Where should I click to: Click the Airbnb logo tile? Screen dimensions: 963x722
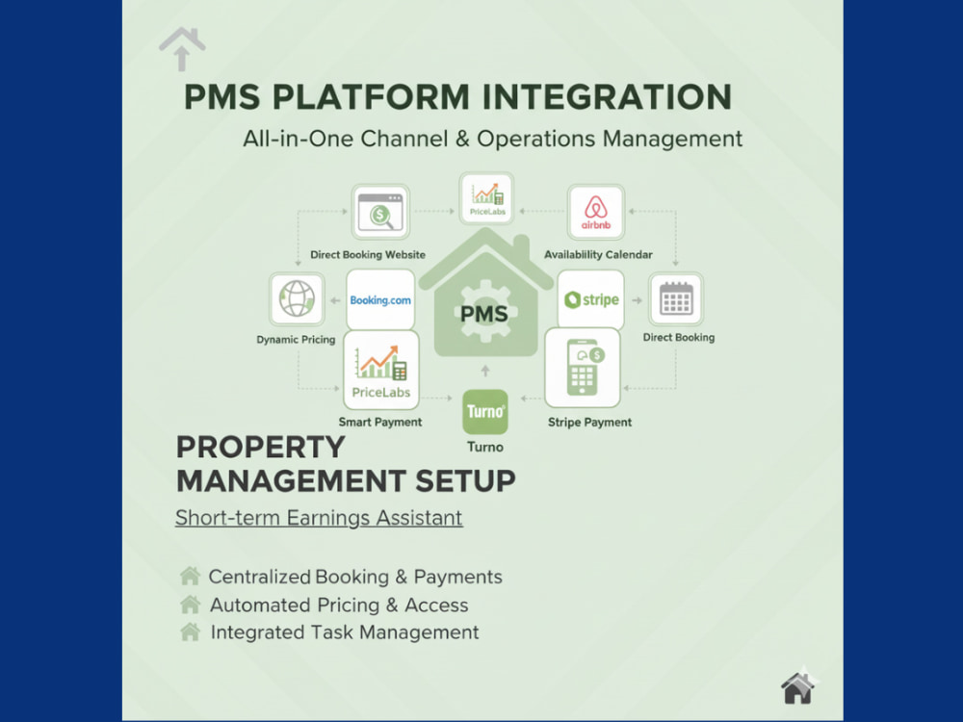[x=596, y=212]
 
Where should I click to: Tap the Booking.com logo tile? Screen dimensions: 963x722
[x=380, y=299]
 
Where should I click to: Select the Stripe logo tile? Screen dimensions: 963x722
[x=591, y=299]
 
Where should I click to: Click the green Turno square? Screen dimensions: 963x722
[x=485, y=411]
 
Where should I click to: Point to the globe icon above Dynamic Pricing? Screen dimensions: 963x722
[x=297, y=299]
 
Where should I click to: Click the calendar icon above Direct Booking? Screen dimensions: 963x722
[x=676, y=299]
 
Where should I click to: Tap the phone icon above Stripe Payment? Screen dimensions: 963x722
[x=583, y=368]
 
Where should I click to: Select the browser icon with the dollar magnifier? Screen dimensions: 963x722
[x=380, y=212]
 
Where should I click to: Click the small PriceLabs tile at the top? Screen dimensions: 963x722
[x=486, y=197]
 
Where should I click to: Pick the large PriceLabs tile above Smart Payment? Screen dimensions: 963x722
[x=380, y=371]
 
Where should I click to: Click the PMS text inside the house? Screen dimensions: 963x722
[x=484, y=315]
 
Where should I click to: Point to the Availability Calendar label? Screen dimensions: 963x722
[x=598, y=254]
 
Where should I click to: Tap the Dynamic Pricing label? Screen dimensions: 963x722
[x=296, y=340]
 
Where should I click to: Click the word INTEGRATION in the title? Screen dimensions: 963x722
[x=607, y=97]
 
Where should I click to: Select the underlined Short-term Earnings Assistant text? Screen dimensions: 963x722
[x=319, y=518]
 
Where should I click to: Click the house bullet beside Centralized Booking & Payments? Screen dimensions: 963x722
[x=191, y=576]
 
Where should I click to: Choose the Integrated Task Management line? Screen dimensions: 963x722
[x=345, y=632]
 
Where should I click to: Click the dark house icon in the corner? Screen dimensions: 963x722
[x=797, y=687]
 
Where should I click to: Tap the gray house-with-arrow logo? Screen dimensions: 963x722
[x=182, y=48]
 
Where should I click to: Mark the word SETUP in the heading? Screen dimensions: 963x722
[x=465, y=480]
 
